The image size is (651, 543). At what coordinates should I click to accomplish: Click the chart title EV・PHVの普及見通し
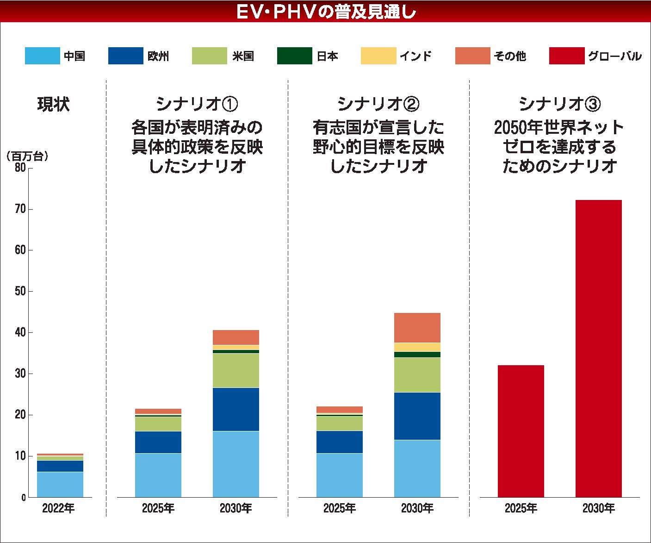click(325, 12)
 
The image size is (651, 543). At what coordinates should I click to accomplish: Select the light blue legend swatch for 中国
click(42, 56)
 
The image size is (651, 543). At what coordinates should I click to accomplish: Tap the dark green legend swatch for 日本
click(294, 56)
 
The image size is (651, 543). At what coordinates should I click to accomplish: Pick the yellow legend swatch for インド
click(378, 56)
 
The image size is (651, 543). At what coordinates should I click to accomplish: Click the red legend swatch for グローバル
click(566, 56)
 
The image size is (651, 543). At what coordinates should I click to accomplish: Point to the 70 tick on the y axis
click(20, 209)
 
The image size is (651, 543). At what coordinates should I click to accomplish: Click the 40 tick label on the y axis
click(20, 332)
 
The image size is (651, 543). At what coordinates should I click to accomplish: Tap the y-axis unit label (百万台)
click(28, 156)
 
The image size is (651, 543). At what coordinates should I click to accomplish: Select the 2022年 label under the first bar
click(58, 508)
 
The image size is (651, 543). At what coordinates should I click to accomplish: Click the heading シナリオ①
click(197, 104)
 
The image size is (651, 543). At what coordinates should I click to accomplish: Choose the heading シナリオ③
click(560, 104)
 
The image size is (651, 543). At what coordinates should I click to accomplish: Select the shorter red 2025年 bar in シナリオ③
click(521, 431)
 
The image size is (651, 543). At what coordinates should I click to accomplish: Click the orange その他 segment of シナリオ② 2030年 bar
click(417, 328)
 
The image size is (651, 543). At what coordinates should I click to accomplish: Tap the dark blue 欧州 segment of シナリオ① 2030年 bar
click(236, 409)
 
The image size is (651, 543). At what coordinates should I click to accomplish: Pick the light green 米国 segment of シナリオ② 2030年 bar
click(417, 375)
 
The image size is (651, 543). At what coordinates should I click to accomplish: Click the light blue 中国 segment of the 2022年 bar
click(60, 484)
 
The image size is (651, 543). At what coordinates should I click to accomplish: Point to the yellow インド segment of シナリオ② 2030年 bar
click(417, 347)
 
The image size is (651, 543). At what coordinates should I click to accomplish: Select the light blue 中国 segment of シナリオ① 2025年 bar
click(158, 475)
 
